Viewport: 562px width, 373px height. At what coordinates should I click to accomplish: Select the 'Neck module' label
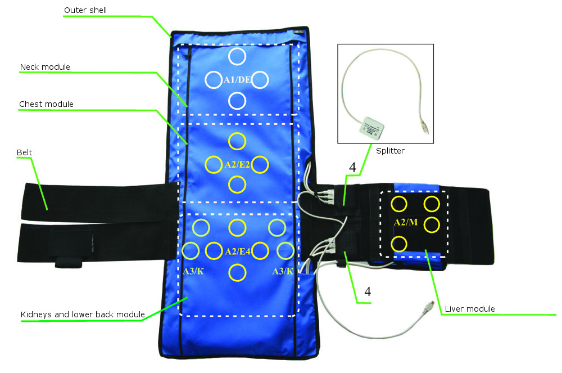point(45,67)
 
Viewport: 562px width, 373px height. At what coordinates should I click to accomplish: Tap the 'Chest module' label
point(46,104)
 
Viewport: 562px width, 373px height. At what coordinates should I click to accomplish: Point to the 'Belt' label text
point(24,152)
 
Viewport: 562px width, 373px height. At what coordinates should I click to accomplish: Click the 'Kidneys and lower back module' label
point(83,314)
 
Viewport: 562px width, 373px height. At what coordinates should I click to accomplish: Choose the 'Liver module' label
point(469,308)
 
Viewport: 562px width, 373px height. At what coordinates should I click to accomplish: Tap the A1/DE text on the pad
point(237,80)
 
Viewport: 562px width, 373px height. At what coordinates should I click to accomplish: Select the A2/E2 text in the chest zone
point(237,164)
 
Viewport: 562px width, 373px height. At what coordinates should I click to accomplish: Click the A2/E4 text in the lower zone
point(237,251)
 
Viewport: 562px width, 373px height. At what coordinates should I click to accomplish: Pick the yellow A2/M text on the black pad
point(406,222)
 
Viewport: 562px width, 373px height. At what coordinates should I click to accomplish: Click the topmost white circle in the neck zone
point(237,56)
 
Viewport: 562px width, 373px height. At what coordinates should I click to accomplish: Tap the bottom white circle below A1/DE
point(237,101)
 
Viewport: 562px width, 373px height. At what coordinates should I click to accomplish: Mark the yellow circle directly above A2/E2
point(237,141)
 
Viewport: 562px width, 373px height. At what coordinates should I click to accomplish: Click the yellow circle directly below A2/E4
point(237,273)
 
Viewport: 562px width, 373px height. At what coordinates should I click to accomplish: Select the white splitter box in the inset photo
point(373,127)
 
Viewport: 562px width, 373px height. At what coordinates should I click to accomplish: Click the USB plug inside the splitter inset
point(425,127)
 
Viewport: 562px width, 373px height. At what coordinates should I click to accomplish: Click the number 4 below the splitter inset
point(352,167)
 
